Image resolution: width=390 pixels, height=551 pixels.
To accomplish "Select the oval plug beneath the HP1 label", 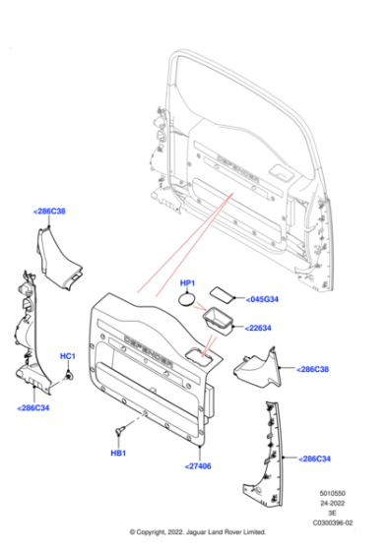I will (x=189, y=300).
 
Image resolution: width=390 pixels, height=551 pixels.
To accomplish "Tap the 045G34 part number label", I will (x=262, y=299).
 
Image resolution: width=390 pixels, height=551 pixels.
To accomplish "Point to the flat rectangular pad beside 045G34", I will (x=227, y=292).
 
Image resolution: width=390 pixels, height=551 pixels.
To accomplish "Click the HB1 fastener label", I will (x=118, y=453).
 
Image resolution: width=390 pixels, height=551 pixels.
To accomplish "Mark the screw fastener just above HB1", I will (x=120, y=431).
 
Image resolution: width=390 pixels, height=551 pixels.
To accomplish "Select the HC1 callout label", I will (x=68, y=355).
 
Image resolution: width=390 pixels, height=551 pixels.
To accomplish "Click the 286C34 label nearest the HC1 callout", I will (x=35, y=406).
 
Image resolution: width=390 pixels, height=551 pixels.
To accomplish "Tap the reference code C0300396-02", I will (x=333, y=524).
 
